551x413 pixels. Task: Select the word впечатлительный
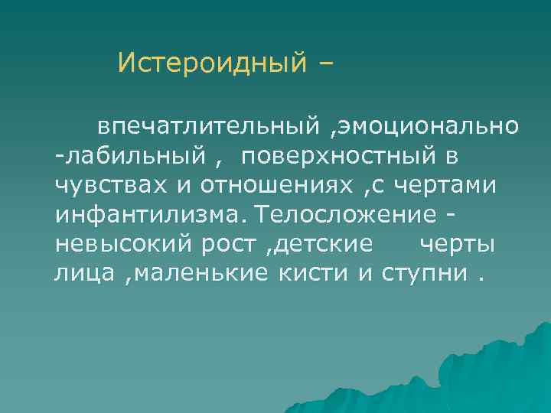pyautogui.click(x=206, y=125)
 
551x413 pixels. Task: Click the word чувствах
pyautogui.click(x=98, y=185)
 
